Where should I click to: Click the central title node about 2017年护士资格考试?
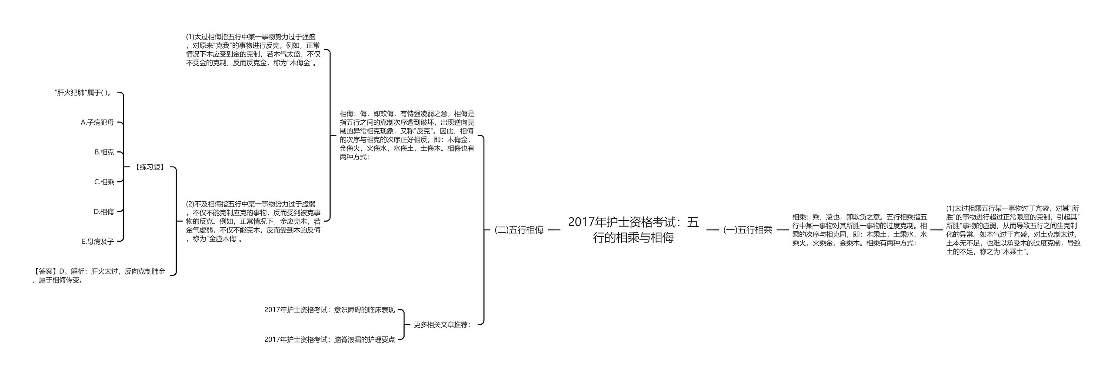click(633, 230)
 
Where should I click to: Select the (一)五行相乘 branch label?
click(747, 230)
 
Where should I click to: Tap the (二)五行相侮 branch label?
click(519, 230)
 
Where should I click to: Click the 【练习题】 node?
click(150, 167)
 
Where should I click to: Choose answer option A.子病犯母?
click(97, 123)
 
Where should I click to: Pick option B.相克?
click(104, 152)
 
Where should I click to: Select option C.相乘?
click(104, 182)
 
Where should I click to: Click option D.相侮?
click(104, 212)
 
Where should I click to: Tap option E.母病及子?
click(98, 241)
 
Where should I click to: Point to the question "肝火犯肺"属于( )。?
click(83, 93)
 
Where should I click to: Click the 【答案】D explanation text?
click(99, 276)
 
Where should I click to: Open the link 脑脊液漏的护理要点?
click(330, 339)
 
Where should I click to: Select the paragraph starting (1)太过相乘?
click(1013, 230)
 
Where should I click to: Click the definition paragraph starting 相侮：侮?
click(407, 135)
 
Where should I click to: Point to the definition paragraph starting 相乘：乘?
click(859, 230)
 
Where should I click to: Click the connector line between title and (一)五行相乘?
click(713, 230)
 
